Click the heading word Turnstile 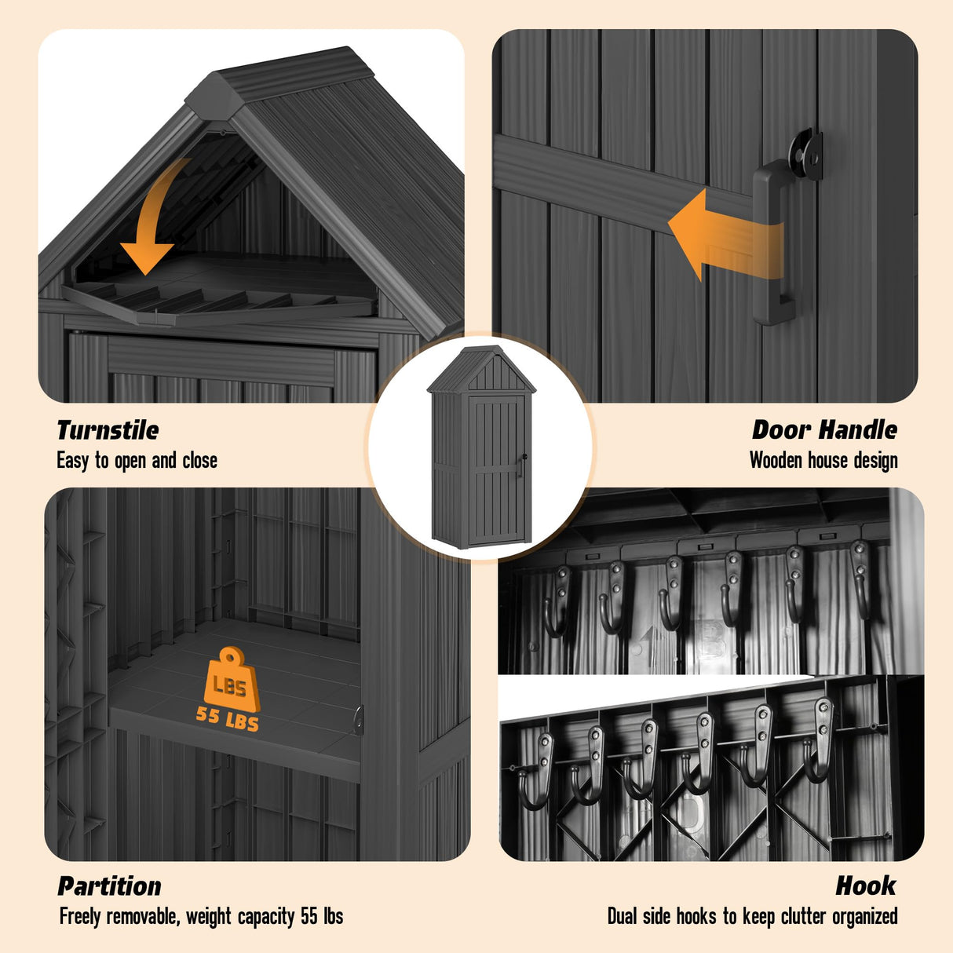(108, 430)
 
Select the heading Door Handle (824, 429)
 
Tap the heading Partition (109, 885)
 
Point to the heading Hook (865, 885)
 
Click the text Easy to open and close (137, 460)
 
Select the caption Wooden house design (823, 460)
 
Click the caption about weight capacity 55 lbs (201, 916)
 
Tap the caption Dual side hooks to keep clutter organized (752, 916)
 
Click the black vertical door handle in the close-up (772, 243)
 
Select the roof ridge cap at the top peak (283, 75)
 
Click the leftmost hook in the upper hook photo (557, 601)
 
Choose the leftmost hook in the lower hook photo (535, 769)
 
